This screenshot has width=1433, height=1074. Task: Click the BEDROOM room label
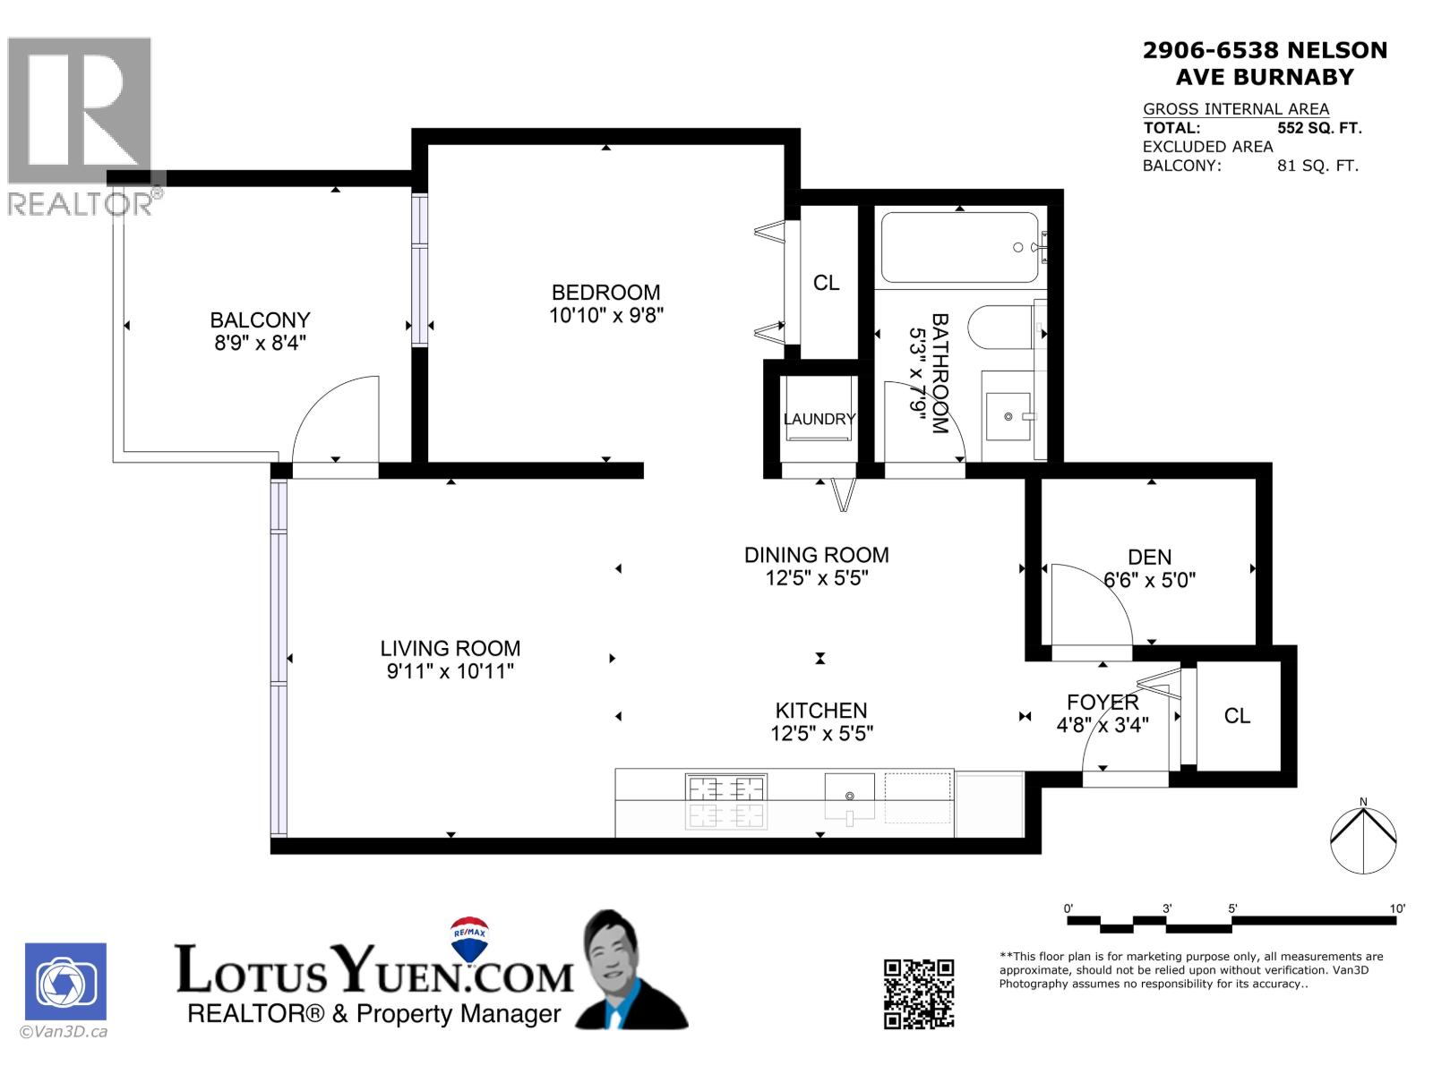605,293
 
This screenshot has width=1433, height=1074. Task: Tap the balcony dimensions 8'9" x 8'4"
260,343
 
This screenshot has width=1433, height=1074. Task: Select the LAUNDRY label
819,419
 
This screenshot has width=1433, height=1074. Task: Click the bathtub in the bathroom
959,247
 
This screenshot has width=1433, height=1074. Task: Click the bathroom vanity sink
1009,416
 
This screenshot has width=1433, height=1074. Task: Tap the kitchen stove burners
725,789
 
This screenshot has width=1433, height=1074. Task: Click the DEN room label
1149,557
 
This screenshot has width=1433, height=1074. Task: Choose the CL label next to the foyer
1237,716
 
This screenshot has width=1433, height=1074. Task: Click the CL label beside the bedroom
826,283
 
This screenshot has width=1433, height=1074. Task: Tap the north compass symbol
1362,840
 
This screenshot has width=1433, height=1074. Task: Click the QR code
918,993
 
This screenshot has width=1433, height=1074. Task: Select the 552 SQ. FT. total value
1318,128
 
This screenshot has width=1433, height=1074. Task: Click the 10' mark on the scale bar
1397,908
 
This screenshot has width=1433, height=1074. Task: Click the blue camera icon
65,982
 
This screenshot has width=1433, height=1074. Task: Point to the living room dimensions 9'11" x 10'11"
450,671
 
